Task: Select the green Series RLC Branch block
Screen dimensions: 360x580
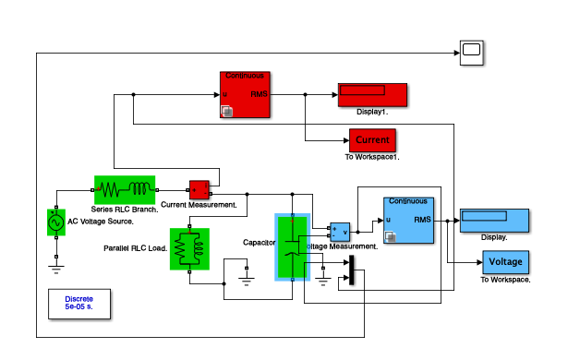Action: coord(124,190)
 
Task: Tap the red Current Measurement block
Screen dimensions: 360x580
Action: coord(199,190)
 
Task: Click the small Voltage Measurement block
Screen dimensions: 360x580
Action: coord(340,231)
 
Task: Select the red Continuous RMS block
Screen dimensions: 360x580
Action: coord(245,95)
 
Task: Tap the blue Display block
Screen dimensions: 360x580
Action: coord(494,222)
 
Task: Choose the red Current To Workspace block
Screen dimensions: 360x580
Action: coord(372,140)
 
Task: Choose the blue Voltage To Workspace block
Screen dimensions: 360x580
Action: coord(505,262)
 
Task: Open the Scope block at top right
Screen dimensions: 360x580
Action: coord(471,54)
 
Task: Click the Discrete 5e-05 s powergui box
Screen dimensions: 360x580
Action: coord(79,304)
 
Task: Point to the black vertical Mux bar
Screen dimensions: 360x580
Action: coord(350,271)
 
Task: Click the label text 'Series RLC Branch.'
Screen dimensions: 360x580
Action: coord(125,210)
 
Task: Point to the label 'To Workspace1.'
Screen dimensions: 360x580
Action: coord(372,157)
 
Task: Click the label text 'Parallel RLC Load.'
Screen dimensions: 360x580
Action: coord(135,248)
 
